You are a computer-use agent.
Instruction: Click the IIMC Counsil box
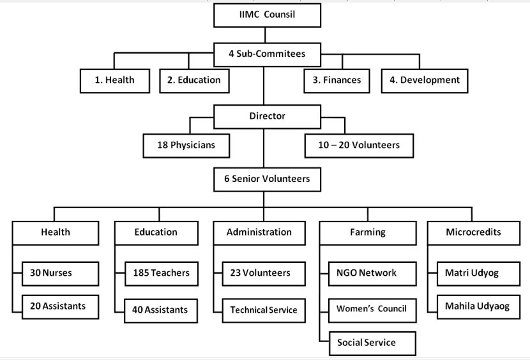pos(267,15)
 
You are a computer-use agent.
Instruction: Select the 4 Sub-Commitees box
pos(267,54)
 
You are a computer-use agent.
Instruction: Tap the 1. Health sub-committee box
pos(115,81)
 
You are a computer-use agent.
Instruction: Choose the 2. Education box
pos(194,81)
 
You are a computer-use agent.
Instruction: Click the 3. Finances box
pos(337,81)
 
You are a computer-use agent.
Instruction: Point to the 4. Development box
pos(425,81)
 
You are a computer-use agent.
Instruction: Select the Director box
pos(267,117)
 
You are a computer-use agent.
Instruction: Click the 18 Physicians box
pos(186,146)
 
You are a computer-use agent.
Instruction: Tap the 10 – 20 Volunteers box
pos(359,146)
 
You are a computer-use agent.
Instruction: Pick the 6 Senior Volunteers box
pos(267,179)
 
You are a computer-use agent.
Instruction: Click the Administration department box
pos(259,233)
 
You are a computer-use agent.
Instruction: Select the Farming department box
pos(368,233)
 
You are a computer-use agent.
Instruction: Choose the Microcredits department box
pos(474,233)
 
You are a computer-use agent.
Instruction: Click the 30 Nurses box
pos(60,273)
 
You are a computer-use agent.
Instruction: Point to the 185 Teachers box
pos(161,273)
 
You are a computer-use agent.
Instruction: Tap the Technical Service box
pos(264,310)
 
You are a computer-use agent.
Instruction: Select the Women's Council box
pos(372,310)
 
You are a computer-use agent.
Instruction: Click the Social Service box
pos(372,343)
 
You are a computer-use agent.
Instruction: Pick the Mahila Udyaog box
pos(478,307)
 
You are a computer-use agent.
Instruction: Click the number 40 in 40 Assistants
pos(137,310)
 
